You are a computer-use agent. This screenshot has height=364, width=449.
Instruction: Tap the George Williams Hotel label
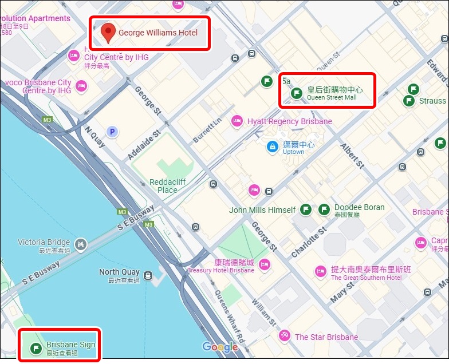[157, 33]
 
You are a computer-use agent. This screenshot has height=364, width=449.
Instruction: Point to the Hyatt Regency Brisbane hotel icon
[237, 121]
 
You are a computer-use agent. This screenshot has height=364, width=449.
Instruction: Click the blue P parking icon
[113, 132]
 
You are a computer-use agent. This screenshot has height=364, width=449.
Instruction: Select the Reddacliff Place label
[167, 186]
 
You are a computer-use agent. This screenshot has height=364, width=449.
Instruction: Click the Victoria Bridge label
[44, 243]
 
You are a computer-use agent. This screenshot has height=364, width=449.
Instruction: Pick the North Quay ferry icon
[148, 275]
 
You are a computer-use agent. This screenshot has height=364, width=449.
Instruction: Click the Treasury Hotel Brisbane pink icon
[264, 264]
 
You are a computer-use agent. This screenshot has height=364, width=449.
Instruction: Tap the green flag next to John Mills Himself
[306, 209]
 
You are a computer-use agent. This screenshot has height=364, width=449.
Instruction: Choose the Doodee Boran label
[360, 208]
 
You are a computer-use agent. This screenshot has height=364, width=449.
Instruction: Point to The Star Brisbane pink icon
[284, 337]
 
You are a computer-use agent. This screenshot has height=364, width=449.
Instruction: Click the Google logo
[220, 347]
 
